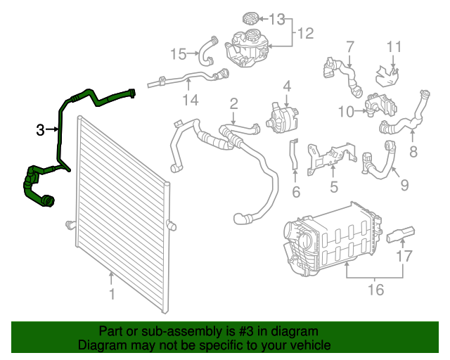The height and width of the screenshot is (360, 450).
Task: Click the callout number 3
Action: coord(41,129)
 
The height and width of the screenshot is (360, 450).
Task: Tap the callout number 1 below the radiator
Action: coord(110,294)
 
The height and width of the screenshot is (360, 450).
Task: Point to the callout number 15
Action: coord(179,53)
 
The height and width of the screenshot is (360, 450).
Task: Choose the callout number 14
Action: coord(191,100)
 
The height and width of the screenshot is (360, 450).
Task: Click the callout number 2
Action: coord(233,103)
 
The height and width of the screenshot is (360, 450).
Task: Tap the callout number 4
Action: coord(287,86)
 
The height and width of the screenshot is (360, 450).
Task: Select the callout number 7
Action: coord(349,47)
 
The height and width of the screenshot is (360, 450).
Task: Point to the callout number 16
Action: coord(376,289)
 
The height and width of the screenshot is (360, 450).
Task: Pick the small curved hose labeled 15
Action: coord(205,49)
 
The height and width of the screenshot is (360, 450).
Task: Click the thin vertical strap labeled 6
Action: coord(294,158)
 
